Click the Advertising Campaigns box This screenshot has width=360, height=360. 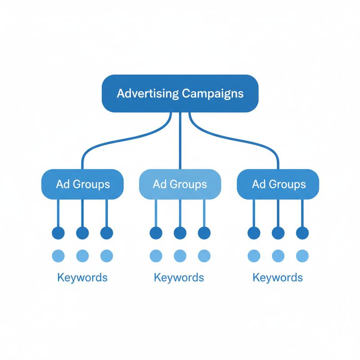point(180,94)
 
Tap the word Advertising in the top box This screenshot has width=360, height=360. point(148,94)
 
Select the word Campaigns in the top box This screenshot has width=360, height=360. point(212,94)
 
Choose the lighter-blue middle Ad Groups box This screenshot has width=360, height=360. point(180,184)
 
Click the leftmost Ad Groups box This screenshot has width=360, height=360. point(82,184)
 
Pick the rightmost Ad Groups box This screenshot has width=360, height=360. point(278,184)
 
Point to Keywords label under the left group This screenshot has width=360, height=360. point(82,277)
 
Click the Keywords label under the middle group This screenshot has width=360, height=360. point(179,277)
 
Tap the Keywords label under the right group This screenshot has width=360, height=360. point(278,277)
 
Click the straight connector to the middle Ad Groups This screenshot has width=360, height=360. point(180,141)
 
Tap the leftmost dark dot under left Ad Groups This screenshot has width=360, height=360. point(58,233)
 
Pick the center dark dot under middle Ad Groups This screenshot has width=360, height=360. point(180,233)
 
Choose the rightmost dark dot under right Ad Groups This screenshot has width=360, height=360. point(302,233)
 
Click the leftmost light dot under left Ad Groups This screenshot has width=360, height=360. point(58,256)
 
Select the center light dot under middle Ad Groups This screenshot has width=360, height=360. point(180,256)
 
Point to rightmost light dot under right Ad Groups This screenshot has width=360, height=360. point(302,256)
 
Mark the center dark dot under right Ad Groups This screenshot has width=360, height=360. point(278,233)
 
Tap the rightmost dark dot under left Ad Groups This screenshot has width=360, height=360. point(107,233)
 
